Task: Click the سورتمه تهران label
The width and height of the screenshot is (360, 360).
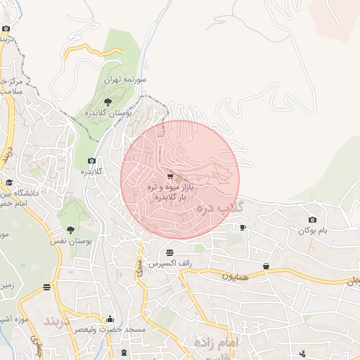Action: pos(124,80)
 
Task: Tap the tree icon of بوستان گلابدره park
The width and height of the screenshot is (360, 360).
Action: pos(107,102)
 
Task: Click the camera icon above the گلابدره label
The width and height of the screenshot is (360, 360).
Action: pos(91,161)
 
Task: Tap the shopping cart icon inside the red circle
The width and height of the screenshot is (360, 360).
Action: pos(170,176)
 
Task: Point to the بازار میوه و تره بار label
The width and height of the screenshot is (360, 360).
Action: pos(169,193)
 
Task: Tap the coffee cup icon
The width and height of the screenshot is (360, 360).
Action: pos(243,227)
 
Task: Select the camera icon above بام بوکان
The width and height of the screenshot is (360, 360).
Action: pos(312,220)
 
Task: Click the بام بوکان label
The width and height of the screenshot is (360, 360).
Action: pos(313,231)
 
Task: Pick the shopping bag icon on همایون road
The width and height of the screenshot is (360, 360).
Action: pos(266,266)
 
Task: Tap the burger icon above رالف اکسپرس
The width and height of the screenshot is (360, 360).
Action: pos(169,252)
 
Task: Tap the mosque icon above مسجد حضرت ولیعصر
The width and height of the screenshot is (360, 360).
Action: pos(109,319)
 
